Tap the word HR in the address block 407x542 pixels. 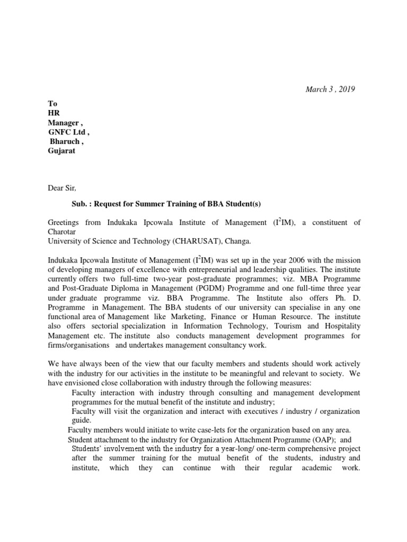click(x=54, y=113)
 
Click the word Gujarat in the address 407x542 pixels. click(x=61, y=151)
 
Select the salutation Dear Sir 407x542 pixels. click(x=62, y=186)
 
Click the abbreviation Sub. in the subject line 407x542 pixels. click(x=81, y=204)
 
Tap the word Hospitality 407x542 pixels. click(x=341, y=327)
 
